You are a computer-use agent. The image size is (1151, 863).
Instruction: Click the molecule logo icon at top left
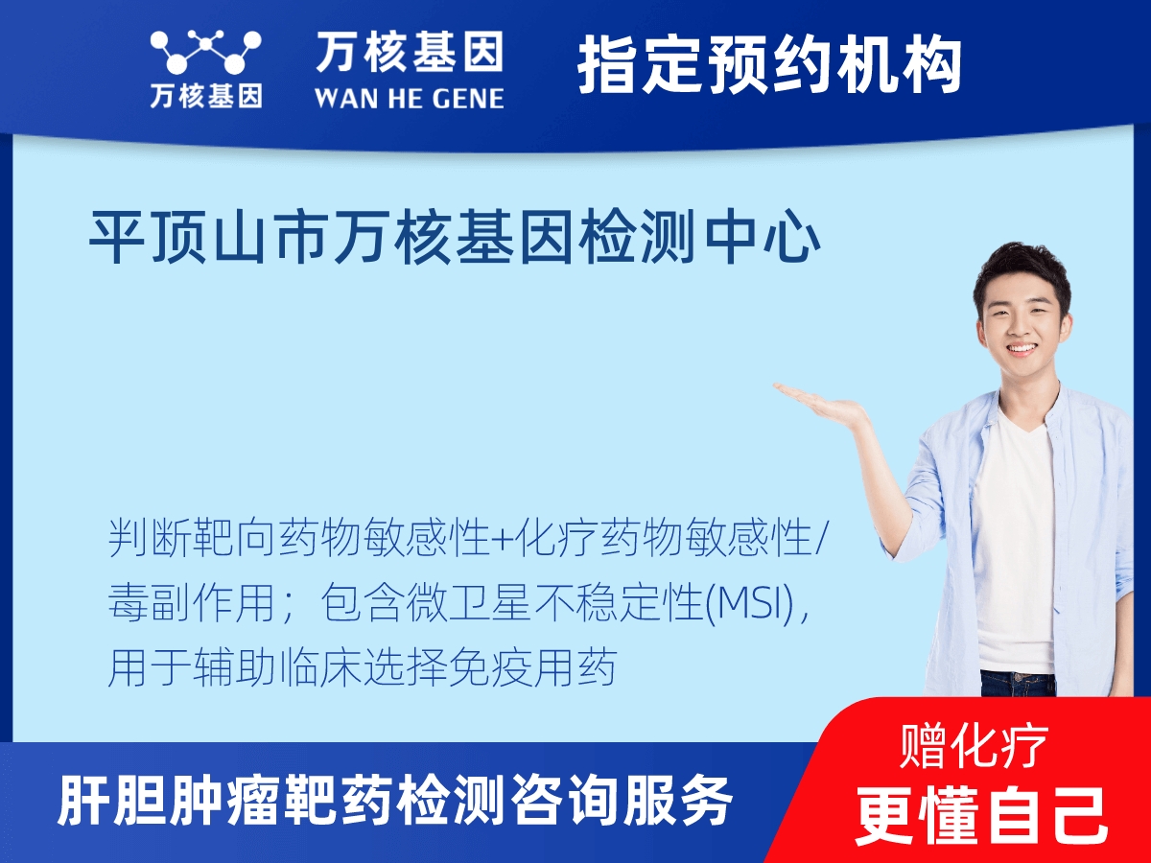click(x=205, y=52)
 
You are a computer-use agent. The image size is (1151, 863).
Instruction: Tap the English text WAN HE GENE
click(x=410, y=99)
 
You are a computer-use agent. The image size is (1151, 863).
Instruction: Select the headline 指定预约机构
click(x=769, y=65)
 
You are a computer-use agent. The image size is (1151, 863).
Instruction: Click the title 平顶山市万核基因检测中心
click(x=455, y=237)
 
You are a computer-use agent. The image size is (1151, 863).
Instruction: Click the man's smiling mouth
click(x=1021, y=347)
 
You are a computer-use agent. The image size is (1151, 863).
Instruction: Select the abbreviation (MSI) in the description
click(x=751, y=605)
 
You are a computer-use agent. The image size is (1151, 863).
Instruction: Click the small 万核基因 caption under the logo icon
click(x=206, y=97)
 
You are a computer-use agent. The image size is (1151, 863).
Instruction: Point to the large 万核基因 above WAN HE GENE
click(x=410, y=52)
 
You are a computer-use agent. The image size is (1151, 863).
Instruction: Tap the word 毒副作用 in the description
click(x=192, y=604)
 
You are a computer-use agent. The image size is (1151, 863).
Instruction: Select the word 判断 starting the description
click(x=150, y=539)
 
